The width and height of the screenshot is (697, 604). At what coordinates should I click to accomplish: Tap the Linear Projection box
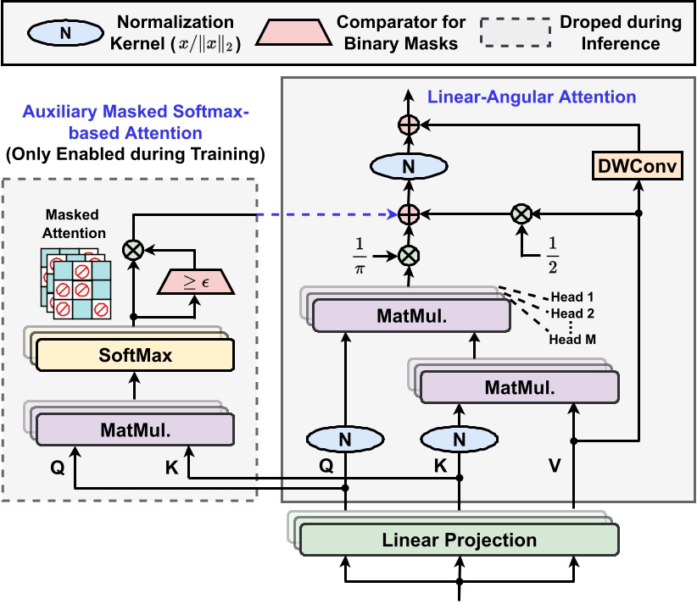[460, 540]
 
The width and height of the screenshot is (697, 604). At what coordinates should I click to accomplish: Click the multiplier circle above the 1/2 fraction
[520, 213]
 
